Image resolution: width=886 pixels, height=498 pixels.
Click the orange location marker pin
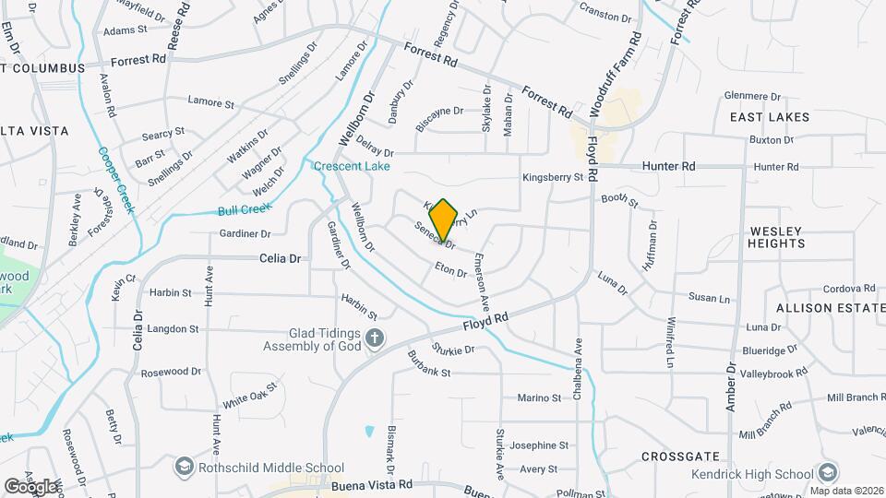[x=443, y=220]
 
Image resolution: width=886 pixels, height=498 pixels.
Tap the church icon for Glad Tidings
[x=374, y=338]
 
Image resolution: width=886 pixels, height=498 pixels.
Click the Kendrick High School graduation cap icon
[x=828, y=473]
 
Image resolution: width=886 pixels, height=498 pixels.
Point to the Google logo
[x=30, y=486]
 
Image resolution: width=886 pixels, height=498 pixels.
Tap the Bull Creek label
[x=242, y=210]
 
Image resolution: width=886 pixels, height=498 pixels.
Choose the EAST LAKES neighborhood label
[x=769, y=117]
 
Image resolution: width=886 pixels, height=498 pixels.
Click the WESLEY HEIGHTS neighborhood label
[x=777, y=237]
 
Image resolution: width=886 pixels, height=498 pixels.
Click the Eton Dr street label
[x=451, y=270]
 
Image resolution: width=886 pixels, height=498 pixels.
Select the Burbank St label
[x=428, y=373]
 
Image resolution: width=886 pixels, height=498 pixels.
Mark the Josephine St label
[x=538, y=445]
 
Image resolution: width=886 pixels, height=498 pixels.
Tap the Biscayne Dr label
[x=439, y=112]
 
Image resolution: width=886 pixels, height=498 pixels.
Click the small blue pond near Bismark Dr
[x=369, y=431]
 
